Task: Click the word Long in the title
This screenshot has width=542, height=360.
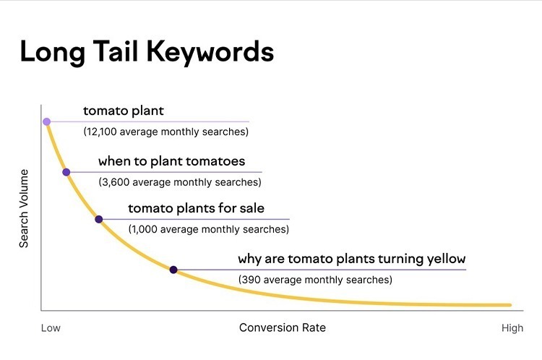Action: pos(48,52)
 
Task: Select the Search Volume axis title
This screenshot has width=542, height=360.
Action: pos(24,209)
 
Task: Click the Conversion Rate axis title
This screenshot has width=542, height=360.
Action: pos(282,327)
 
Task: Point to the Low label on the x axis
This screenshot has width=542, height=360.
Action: pos(51,328)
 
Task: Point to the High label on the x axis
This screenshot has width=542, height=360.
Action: pos(512,328)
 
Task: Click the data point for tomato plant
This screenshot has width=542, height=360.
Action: pos(46,121)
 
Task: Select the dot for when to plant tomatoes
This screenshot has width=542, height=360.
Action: pos(66,172)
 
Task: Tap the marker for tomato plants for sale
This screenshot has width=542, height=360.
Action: pos(99,219)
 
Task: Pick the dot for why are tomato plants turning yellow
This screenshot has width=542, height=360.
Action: pos(173,270)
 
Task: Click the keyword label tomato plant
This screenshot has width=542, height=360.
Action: pos(124,111)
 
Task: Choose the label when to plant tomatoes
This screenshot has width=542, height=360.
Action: pos(171,161)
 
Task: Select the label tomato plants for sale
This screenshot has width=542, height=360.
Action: pos(196,209)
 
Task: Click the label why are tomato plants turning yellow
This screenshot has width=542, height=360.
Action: pos(351,259)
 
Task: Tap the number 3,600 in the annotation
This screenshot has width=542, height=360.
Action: pos(115,182)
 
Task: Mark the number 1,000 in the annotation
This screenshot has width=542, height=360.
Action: pos(145,229)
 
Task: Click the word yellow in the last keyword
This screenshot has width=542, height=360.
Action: pos(447,259)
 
